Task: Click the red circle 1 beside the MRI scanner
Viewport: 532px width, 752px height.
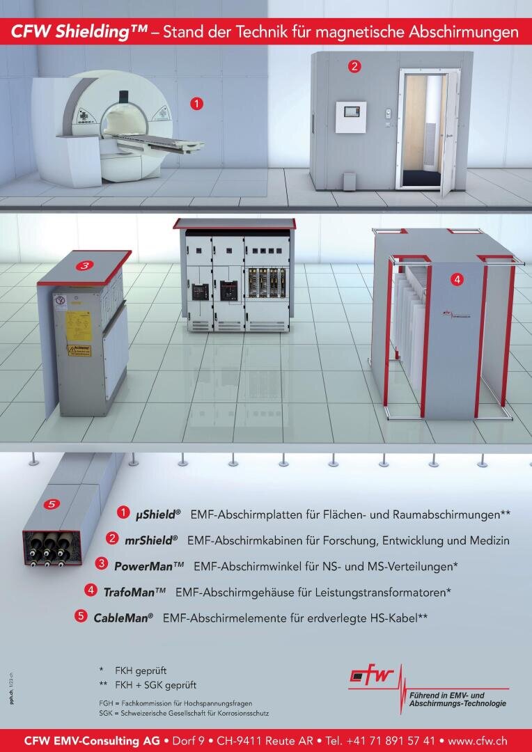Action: pyautogui.click(x=197, y=104)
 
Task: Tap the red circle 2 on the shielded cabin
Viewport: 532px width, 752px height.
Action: pyautogui.click(x=354, y=67)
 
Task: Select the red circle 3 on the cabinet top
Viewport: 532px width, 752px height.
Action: pyautogui.click(x=84, y=265)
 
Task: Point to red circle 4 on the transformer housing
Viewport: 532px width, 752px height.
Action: pyautogui.click(x=457, y=279)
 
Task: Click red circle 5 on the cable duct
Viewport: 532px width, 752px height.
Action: pyautogui.click(x=51, y=503)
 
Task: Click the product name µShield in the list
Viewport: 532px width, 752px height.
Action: pyautogui.click(x=158, y=514)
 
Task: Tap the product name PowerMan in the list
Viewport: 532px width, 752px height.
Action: pyautogui.click(x=149, y=565)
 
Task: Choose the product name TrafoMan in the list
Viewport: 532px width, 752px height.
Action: pyautogui.click(x=134, y=592)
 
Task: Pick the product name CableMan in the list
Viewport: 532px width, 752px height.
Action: pyautogui.click(x=123, y=618)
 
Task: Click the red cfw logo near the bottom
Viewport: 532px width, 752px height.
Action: pyautogui.click(x=373, y=675)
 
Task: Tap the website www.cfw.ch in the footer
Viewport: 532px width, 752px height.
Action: pyautogui.click(x=477, y=740)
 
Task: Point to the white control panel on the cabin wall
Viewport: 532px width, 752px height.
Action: pyautogui.click(x=350, y=117)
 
